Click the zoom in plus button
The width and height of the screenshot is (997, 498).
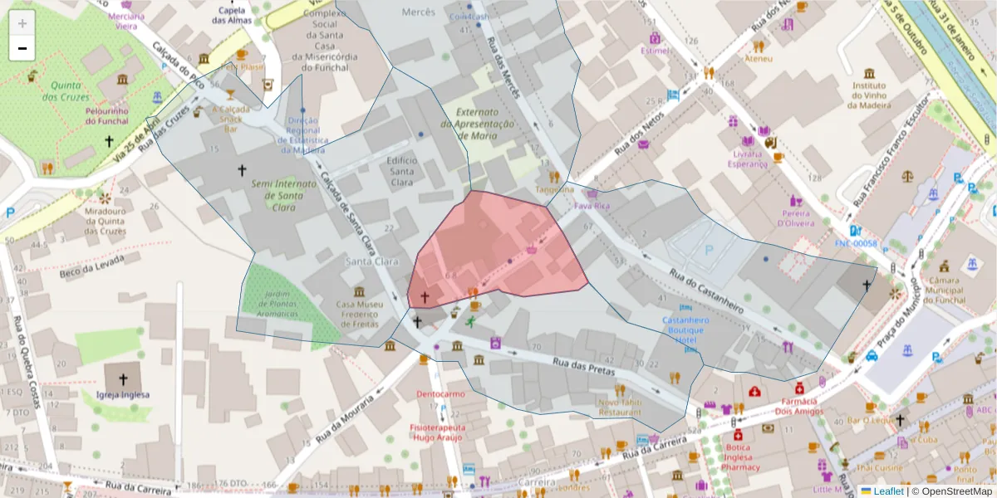click(x=22, y=22)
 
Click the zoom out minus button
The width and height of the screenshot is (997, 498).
click(x=22, y=48)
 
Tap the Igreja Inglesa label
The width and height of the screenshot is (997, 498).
click(x=123, y=394)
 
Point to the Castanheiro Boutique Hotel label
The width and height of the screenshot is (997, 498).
click(x=685, y=330)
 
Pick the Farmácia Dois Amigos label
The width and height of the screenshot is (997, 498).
click(x=798, y=406)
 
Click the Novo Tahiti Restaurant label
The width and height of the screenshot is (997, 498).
click(x=620, y=407)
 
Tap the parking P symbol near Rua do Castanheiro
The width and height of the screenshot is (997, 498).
click(x=708, y=249)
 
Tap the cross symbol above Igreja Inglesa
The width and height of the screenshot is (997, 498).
click(x=123, y=378)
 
